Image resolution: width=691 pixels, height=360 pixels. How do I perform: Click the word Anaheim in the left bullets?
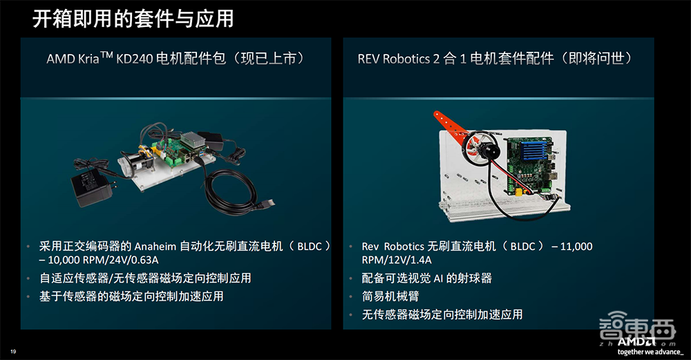pyautogui.click(x=155, y=247)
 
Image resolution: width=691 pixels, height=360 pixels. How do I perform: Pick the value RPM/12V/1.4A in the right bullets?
pyautogui.click(x=397, y=260)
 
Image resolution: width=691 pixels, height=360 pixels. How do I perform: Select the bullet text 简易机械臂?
pyautogui.click(x=390, y=296)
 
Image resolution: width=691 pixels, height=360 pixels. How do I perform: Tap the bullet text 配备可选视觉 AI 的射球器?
pyautogui.click(x=426, y=278)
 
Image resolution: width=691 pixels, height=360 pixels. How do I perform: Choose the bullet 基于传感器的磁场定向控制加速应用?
pyautogui.click(x=131, y=296)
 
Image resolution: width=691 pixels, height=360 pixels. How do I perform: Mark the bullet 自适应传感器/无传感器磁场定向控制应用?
pyautogui.click(x=145, y=278)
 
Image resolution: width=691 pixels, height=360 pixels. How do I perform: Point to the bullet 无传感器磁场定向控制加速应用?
pyautogui.click(x=442, y=314)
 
